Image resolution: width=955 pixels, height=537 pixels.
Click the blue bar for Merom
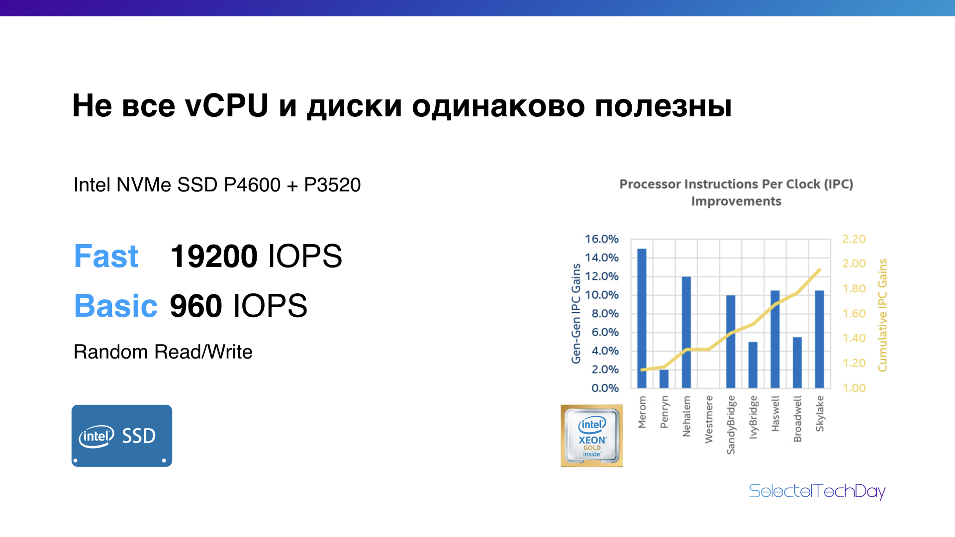[642, 318]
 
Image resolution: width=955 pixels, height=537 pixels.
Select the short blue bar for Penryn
[664, 379]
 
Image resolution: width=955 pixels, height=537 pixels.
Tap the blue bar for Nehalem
[686, 332]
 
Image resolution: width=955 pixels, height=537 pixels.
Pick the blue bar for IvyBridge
[753, 365]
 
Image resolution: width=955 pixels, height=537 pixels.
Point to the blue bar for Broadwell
[797, 362]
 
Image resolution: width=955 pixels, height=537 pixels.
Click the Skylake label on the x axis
[820, 414]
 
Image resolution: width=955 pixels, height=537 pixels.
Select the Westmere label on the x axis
[709, 419]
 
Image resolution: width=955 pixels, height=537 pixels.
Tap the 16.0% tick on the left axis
[601, 239]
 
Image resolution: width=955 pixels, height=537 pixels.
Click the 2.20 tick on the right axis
[854, 239]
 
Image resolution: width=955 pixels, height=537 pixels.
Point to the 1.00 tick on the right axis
[854, 388]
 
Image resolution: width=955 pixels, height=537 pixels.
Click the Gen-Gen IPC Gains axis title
[576, 313]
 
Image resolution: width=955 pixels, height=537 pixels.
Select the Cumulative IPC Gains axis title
[882, 315]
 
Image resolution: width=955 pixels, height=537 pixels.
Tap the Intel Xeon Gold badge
[592, 436]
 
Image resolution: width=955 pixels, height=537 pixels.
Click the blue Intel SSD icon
[122, 436]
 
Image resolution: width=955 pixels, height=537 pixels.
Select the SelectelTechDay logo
[817, 492]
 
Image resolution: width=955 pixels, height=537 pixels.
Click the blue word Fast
[106, 257]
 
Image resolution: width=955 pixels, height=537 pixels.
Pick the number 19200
[214, 257]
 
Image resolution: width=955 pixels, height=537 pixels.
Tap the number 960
[196, 306]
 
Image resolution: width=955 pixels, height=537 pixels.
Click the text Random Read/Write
[163, 352]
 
